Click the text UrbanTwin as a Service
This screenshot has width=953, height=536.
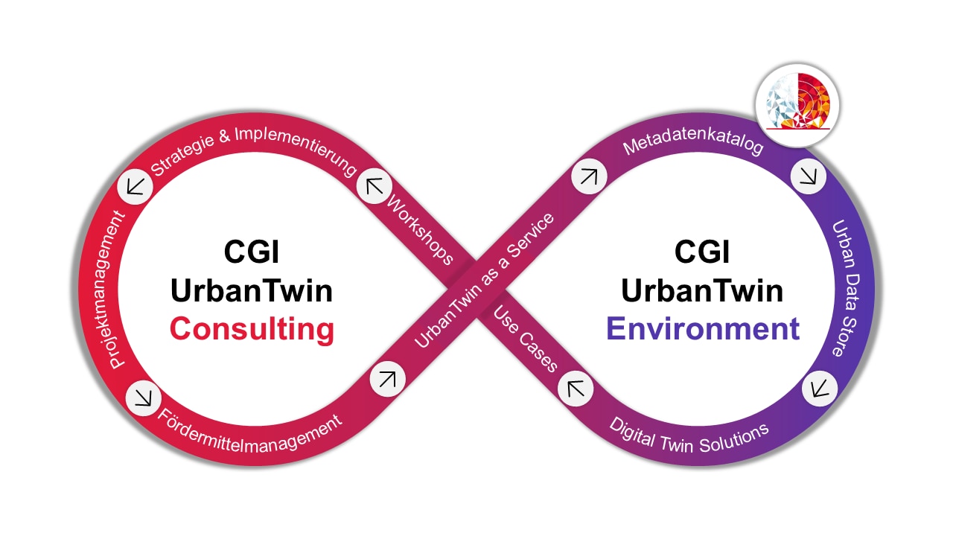click(x=485, y=280)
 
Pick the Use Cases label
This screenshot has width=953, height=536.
click(x=526, y=339)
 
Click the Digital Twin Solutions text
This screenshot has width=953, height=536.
click(x=689, y=433)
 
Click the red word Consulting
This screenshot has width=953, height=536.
click(x=252, y=328)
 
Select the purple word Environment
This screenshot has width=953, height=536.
click(x=703, y=328)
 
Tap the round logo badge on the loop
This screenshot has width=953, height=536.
click(x=797, y=103)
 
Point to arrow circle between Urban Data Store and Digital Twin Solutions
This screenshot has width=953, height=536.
click(x=820, y=388)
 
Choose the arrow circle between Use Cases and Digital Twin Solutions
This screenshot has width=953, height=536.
click(x=576, y=388)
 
